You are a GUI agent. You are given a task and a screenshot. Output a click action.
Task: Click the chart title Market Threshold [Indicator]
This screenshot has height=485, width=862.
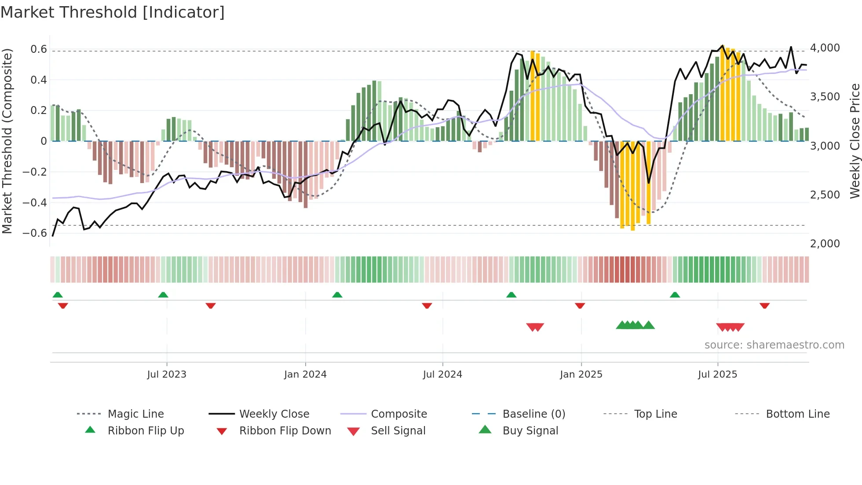click(113, 12)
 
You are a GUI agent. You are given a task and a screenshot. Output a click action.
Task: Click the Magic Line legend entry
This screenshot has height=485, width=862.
click(135, 414)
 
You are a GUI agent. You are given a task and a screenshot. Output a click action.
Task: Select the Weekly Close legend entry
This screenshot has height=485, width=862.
click(274, 414)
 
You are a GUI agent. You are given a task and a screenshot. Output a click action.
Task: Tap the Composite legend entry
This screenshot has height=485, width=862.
click(398, 414)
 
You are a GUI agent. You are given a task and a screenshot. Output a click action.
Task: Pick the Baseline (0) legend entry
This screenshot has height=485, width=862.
click(533, 414)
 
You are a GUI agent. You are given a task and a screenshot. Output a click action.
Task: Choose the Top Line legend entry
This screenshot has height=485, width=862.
click(655, 414)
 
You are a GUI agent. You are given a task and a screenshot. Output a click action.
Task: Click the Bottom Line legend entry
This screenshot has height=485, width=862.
click(797, 414)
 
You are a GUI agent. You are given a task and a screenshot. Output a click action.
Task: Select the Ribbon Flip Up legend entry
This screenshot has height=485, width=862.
click(146, 430)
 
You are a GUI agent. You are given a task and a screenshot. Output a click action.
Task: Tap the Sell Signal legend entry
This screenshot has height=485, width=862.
click(398, 430)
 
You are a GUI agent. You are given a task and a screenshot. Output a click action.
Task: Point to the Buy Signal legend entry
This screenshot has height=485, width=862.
click(530, 430)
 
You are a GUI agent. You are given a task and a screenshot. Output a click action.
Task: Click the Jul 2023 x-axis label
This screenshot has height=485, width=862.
click(167, 374)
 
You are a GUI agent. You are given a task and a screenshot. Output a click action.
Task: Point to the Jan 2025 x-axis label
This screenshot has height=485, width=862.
click(581, 374)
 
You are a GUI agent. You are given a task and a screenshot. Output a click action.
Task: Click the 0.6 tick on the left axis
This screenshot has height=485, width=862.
click(39, 49)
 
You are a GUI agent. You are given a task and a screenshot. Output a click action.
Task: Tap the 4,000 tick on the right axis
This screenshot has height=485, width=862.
click(825, 48)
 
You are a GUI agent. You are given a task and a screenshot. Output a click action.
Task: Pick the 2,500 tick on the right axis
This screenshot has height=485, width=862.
click(825, 195)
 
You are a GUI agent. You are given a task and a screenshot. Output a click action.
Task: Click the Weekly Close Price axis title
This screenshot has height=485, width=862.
click(855, 141)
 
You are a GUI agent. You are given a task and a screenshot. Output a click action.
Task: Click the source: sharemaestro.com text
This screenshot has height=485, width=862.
click(774, 345)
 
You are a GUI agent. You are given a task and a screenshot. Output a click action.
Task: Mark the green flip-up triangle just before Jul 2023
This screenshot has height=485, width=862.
click(163, 295)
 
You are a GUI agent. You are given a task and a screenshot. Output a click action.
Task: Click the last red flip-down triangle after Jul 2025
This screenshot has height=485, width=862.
click(764, 305)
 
